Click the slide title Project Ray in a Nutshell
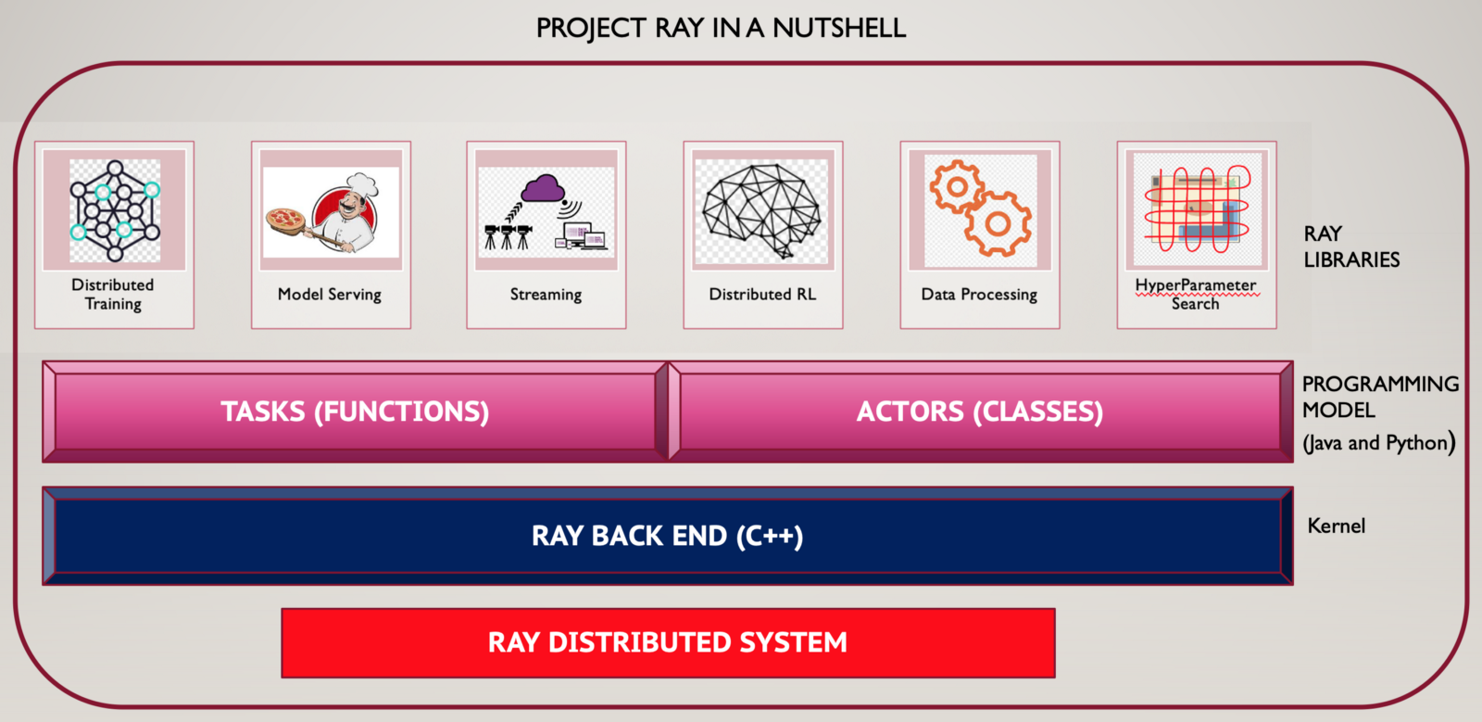[721, 28]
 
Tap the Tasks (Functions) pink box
[355, 412]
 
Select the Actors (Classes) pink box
[980, 412]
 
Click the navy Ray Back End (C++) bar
[667, 536]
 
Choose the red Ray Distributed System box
[668, 642]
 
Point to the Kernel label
[1336, 526]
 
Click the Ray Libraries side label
[1350, 247]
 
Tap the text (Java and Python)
[1378, 443]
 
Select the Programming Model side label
[1379, 397]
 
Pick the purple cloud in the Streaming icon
[543, 189]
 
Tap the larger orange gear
[998, 223]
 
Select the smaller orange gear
[956, 186]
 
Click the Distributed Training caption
[113, 295]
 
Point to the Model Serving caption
[330, 295]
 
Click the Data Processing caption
[979, 295]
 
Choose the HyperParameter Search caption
[1196, 295]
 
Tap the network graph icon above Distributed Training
[115, 210]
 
